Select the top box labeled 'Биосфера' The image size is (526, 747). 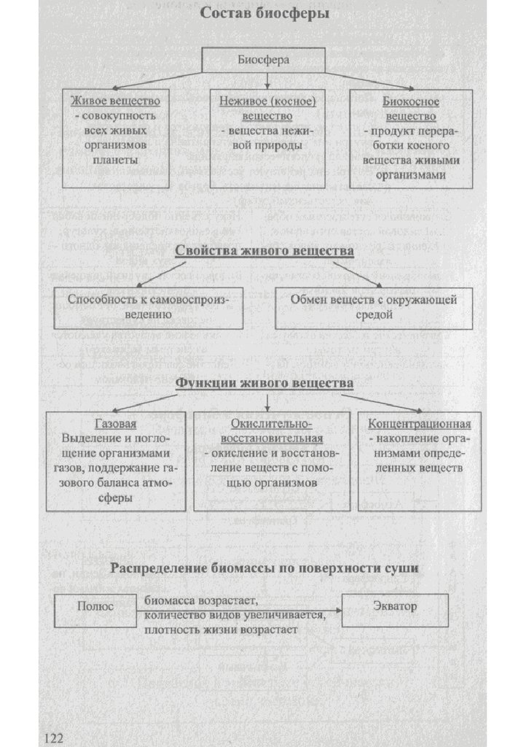262,61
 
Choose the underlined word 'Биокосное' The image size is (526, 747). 410,101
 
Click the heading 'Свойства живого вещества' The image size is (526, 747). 264,252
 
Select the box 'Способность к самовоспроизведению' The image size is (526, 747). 148,307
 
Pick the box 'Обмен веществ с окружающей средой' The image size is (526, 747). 374,307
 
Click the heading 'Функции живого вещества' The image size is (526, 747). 264,382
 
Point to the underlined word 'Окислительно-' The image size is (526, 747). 271,425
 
